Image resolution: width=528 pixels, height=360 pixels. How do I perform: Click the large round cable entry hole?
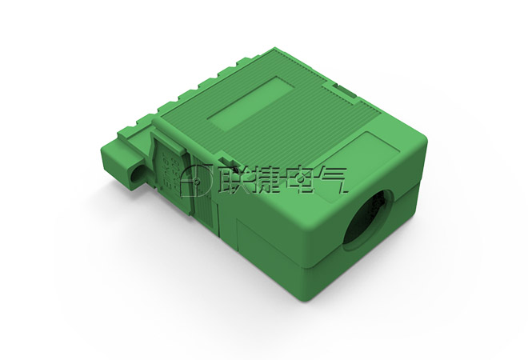pyautogui.click(x=368, y=221)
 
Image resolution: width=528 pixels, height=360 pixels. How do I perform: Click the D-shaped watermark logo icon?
pyautogui.click(x=195, y=181)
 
